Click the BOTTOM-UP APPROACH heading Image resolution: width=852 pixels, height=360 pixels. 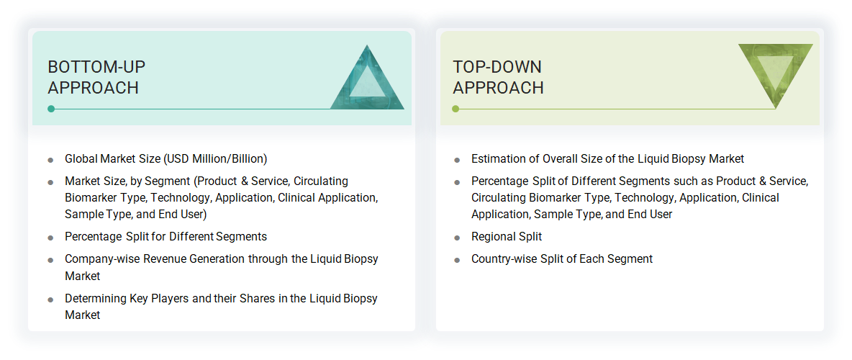tap(96, 77)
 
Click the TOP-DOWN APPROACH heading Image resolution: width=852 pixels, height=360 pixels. tap(498, 77)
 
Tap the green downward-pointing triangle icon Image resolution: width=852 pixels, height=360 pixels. tap(775, 73)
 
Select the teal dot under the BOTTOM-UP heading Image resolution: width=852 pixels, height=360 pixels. tap(51, 109)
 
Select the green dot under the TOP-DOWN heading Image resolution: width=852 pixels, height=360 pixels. tap(456, 109)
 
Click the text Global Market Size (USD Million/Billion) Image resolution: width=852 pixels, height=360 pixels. tap(166, 158)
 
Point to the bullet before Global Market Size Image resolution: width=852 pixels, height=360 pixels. tap(50, 160)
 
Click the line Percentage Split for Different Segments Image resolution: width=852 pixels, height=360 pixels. tap(166, 236)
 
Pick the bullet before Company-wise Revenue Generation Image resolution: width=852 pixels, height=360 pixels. tap(50, 260)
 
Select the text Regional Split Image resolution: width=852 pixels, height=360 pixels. tap(507, 236)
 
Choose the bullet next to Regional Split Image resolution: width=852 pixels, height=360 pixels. tap(457, 238)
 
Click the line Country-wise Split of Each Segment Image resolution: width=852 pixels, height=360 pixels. tap(562, 258)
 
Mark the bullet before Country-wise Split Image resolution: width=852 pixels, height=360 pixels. tap(457, 260)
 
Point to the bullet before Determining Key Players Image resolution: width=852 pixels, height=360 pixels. tap(50, 300)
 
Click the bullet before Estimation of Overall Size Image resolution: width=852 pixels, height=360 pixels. tap(457, 160)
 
